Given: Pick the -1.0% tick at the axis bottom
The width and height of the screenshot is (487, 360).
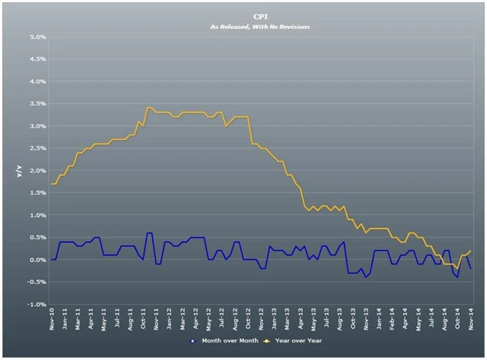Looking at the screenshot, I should tap(37, 304).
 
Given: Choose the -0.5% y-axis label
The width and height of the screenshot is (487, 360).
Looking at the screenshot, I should tap(37, 282).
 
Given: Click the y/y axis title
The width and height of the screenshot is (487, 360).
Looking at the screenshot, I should tap(21, 170).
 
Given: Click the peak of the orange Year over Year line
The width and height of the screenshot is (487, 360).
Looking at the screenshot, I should tap(148, 107).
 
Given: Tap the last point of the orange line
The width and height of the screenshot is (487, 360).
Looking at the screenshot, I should tap(471, 250).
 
